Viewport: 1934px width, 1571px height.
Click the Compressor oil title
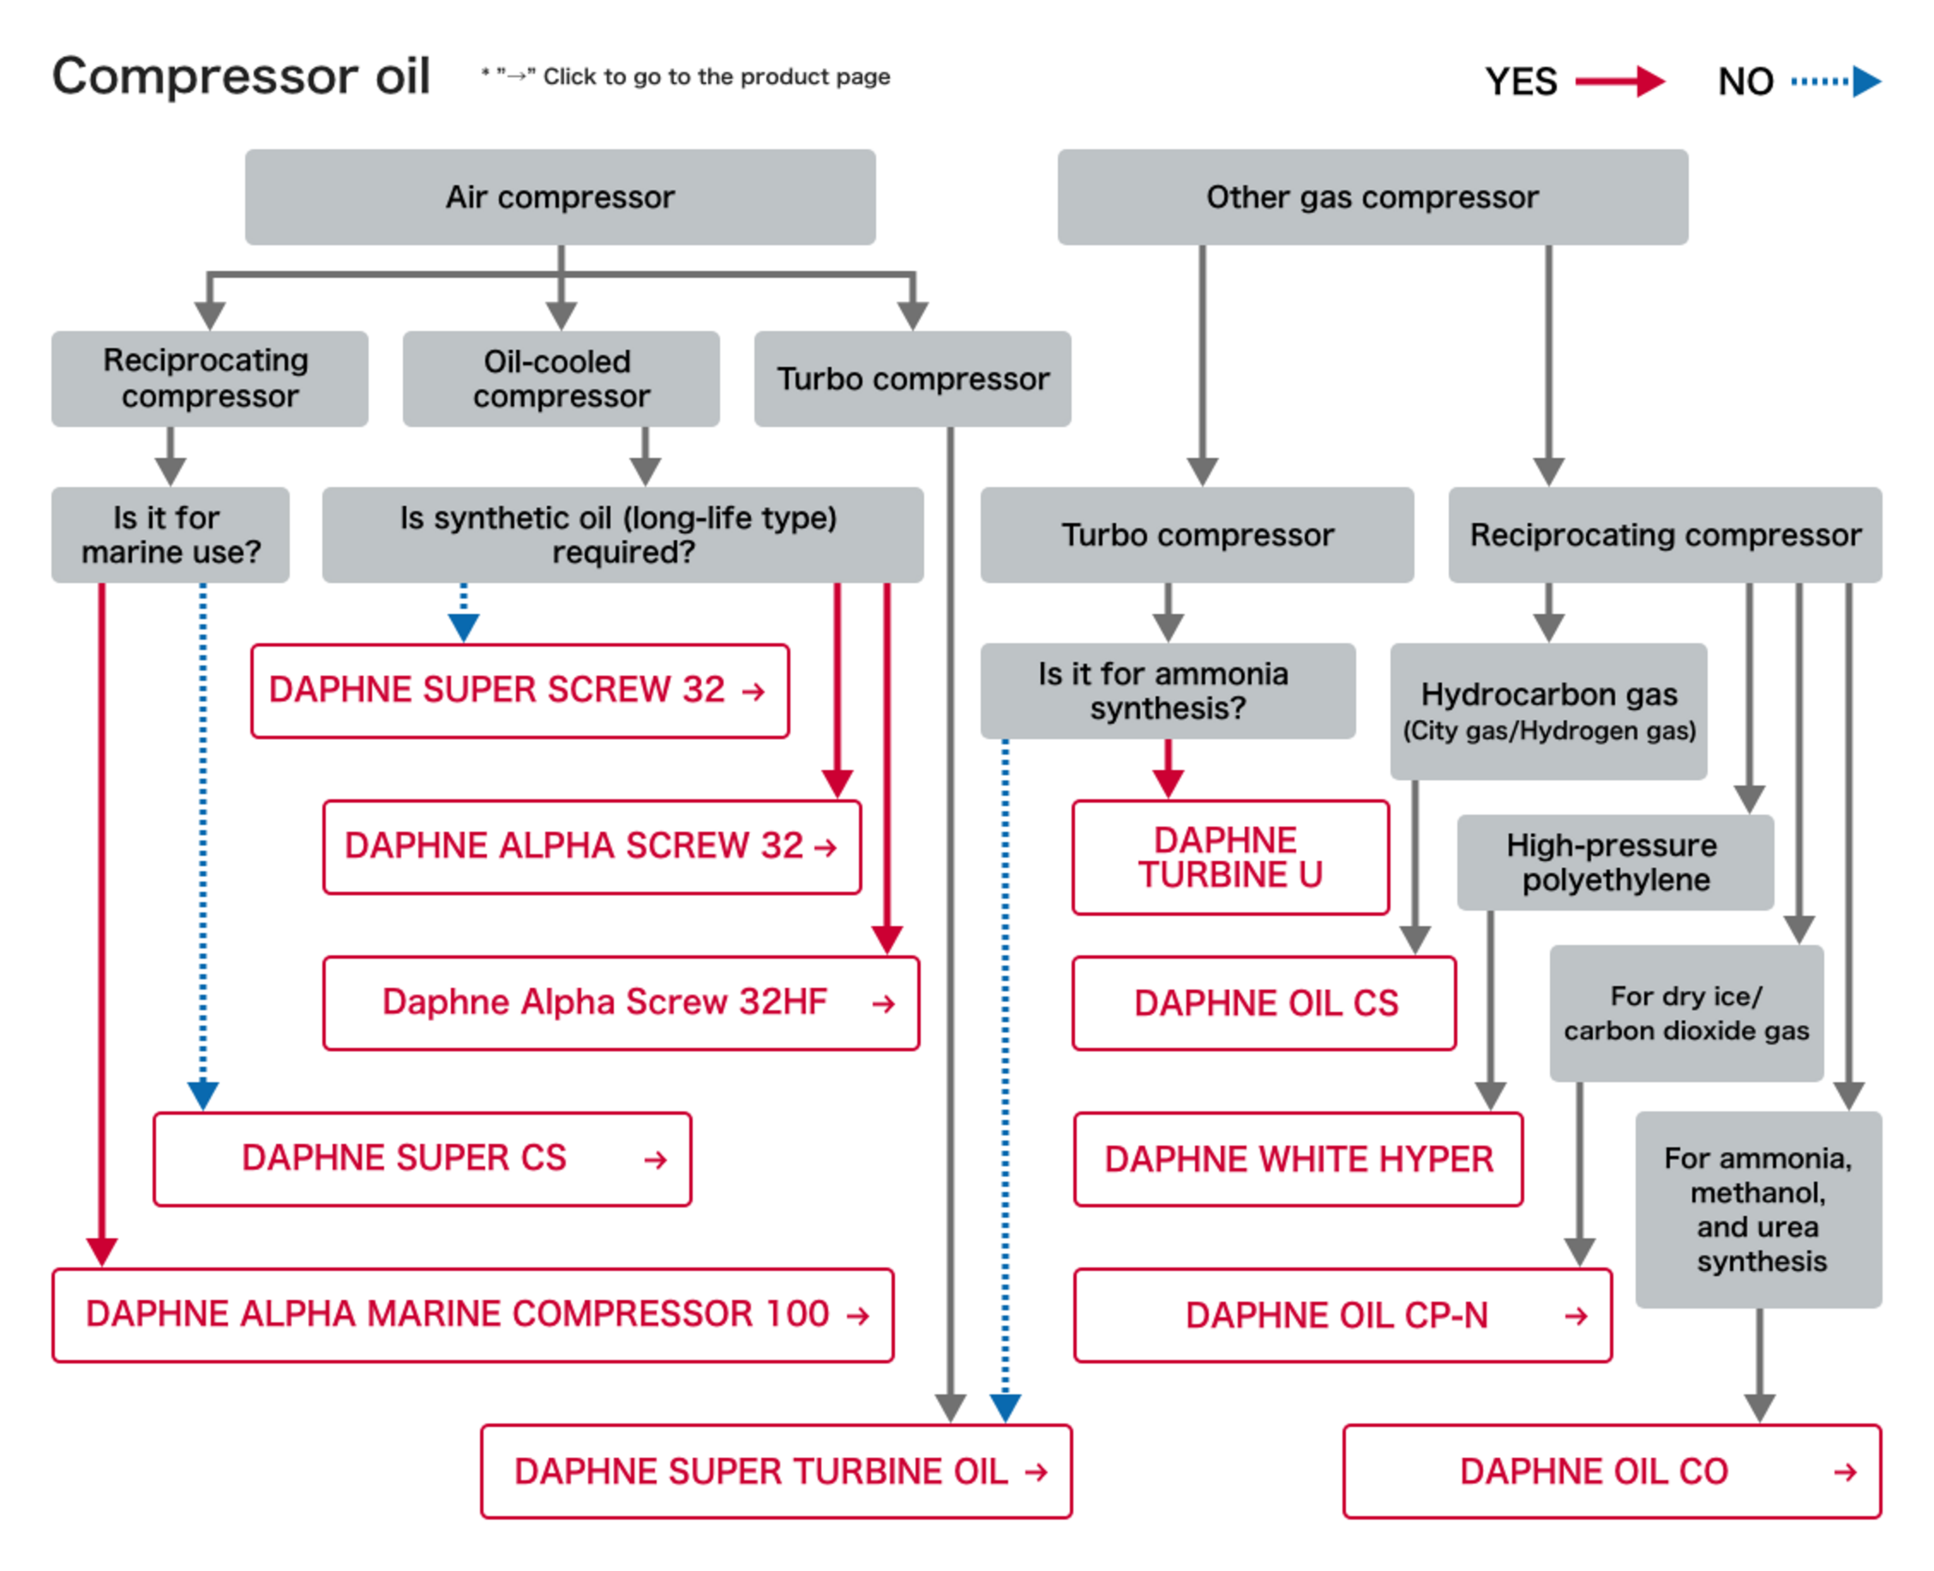(x=241, y=76)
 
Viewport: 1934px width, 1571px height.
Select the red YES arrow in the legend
(x=1619, y=81)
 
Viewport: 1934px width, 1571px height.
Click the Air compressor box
(x=560, y=197)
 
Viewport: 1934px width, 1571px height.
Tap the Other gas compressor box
(x=1372, y=197)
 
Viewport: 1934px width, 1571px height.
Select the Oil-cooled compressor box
(x=561, y=378)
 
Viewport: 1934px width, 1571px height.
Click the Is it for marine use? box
(x=170, y=535)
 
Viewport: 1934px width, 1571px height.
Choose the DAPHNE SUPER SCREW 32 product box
(x=520, y=690)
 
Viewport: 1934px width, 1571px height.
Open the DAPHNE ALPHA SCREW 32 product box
(x=592, y=847)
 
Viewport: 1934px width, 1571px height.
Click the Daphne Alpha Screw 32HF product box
(x=621, y=1002)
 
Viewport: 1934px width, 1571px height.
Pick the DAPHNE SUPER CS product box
(x=422, y=1159)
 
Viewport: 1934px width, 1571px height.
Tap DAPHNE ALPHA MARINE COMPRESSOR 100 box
(x=472, y=1315)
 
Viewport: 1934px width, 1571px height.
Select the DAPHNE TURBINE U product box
(x=1229, y=857)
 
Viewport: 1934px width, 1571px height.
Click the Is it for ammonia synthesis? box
(x=1167, y=690)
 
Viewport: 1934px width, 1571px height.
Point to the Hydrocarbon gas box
(x=1547, y=710)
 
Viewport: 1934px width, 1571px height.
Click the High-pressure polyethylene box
(x=1615, y=862)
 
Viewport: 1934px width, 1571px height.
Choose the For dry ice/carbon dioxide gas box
(x=1685, y=1013)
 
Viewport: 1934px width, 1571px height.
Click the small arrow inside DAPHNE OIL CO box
(x=1845, y=1472)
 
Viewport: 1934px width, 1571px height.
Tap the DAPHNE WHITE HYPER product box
(x=1297, y=1159)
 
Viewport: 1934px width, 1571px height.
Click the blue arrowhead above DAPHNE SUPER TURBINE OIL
(x=1005, y=1407)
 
